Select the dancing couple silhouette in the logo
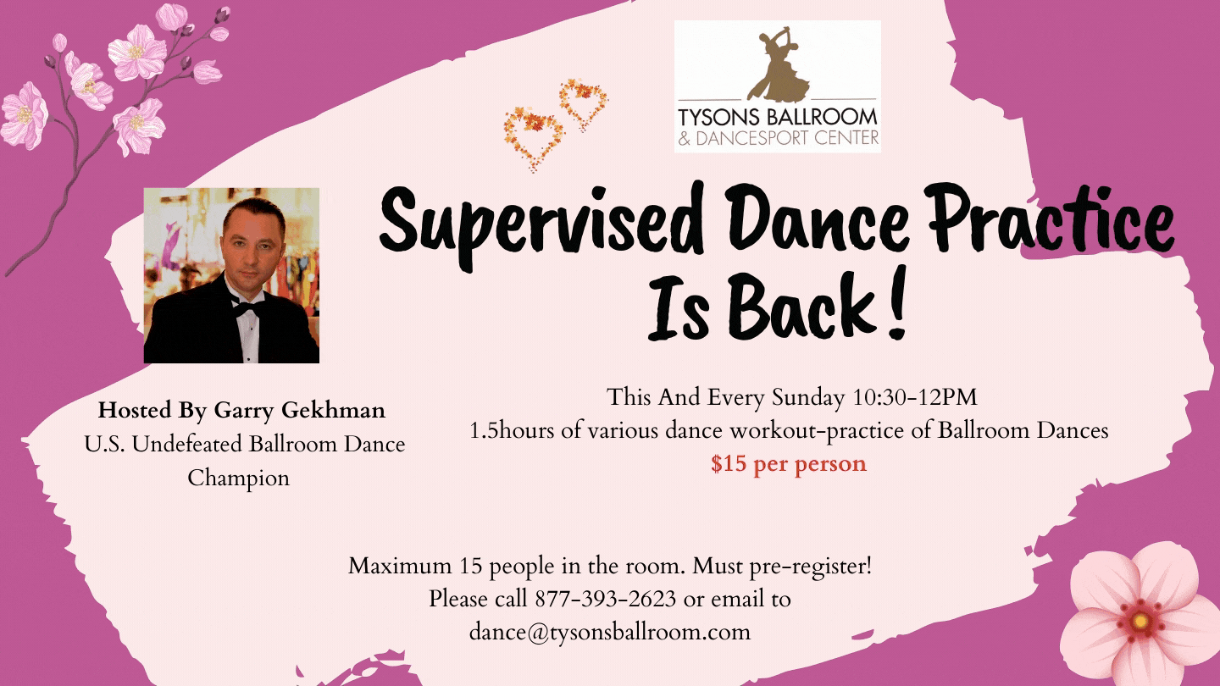click(x=775, y=64)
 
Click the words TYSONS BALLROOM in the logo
click(x=777, y=117)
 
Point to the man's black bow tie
click(x=247, y=307)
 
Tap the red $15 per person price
click(x=788, y=464)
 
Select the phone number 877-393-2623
click(x=605, y=599)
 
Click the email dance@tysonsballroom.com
click(x=610, y=632)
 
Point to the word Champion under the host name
click(x=238, y=478)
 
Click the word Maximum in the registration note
click(x=398, y=566)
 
